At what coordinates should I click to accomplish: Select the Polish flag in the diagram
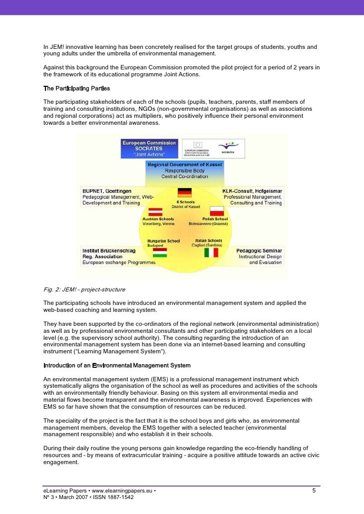(215, 210)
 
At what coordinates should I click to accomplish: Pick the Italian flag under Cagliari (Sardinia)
(211, 253)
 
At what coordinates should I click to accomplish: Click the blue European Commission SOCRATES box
(148, 148)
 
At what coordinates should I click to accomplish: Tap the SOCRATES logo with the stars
(229, 147)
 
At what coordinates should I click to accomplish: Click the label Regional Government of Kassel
(184, 164)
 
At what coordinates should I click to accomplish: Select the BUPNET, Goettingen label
(106, 191)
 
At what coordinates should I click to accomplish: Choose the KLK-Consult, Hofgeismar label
(252, 191)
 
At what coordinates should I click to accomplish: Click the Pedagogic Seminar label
(258, 251)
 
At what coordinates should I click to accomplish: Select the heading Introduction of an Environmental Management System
(117, 365)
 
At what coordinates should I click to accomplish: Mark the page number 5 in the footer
(313, 491)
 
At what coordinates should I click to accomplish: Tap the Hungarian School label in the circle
(163, 241)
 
